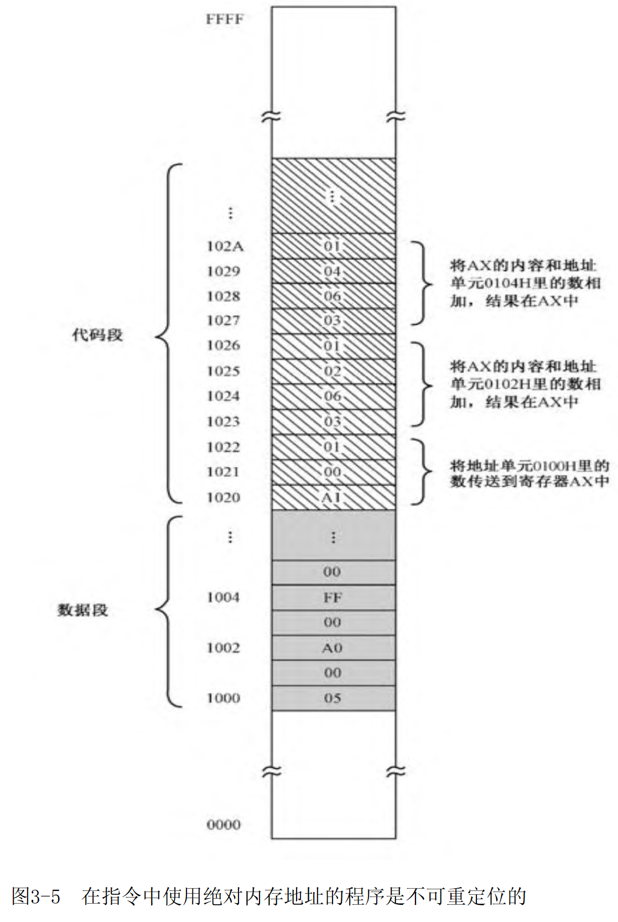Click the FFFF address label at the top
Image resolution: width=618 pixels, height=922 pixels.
pyautogui.click(x=224, y=19)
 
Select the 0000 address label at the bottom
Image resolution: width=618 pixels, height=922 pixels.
pyautogui.click(x=224, y=825)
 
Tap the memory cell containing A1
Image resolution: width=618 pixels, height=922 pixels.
pyautogui.click(x=333, y=497)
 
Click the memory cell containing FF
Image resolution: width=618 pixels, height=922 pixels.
pyautogui.click(x=333, y=597)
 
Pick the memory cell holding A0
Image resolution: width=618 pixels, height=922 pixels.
pyautogui.click(x=333, y=648)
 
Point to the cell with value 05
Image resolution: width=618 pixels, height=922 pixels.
pyautogui.click(x=333, y=698)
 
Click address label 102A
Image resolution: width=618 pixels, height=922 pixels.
pyautogui.click(x=225, y=246)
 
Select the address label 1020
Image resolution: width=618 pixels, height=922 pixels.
pyautogui.click(x=224, y=497)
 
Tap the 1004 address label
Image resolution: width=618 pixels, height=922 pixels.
pyautogui.click(x=223, y=597)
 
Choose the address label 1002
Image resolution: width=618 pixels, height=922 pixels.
pyautogui.click(x=223, y=648)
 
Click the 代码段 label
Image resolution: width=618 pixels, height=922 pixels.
pyautogui.click(x=97, y=335)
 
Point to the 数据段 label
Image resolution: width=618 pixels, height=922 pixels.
pyautogui.click(x=83, y=610)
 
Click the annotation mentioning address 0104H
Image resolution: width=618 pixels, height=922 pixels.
pyautogui.click(x=524, y=283)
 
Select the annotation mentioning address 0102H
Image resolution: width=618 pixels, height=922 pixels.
pyautogui.click(x=524, y=384)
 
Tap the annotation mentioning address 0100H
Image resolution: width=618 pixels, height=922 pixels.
pyautogui.click(x=529, y=473)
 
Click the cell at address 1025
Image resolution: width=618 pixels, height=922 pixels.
pyautogui.click(x=333, y=371)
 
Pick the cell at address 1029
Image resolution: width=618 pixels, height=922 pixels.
pyautogui.click(x=333, y=271)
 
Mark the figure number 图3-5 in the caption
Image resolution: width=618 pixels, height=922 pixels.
pyautogui.click(x=36, y=895)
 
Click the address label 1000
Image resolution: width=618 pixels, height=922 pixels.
pyautogui.click(x=223, y=698)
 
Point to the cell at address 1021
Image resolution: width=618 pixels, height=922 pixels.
pyautogui.click(x=333, y=472)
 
